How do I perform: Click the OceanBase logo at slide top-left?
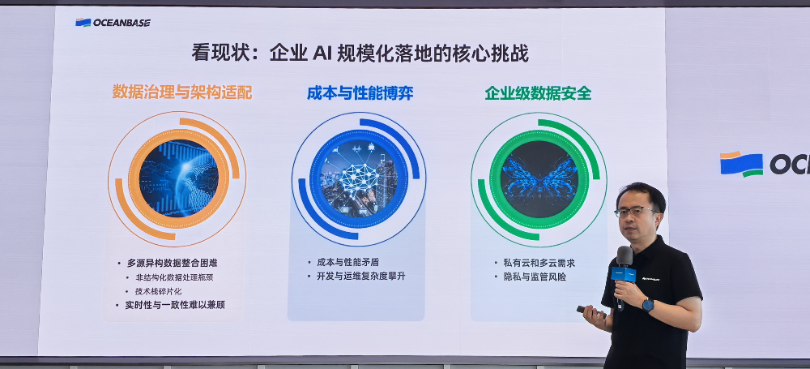click(113, 23)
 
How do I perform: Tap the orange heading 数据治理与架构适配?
click(182, 92)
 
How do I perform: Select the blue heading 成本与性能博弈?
click(360, 92)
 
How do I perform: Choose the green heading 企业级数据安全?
click(538, 93)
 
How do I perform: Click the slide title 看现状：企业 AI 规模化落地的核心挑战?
click(360, 54)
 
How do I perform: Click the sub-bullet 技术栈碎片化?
click(158, 291)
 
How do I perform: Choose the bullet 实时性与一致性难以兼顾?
click(175, 305)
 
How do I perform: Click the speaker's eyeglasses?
click(635, 212)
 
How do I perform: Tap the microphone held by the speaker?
click(624, 268)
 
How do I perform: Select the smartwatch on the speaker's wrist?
click(647, 305)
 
